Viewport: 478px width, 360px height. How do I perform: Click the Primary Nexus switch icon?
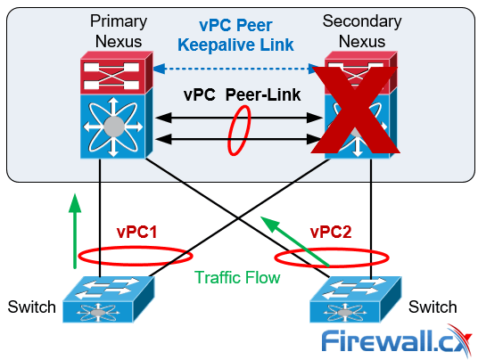(x=117, y=105)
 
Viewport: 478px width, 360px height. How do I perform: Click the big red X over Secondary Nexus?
(x=356, y=110)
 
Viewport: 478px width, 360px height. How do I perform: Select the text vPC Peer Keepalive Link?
(x=235, y=35)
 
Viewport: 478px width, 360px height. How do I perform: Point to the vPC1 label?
(x=136, y=232)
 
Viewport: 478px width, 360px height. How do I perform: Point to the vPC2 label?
(x=331, y=232)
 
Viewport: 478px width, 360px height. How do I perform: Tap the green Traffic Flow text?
(x=237, y=277)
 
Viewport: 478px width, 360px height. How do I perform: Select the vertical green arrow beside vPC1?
(x=75, y=232)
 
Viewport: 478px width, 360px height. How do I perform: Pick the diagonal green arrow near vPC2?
(x=294, y=241)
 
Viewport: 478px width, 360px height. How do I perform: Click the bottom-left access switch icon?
(x=109, y=299)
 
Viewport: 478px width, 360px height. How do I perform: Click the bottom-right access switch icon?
(x=356, y=299)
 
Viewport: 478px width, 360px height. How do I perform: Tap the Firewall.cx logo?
(x=397, y=341)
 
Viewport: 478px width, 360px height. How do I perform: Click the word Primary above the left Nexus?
(x=119, y=21)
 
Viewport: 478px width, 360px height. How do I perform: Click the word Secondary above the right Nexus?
(x=362, y=21)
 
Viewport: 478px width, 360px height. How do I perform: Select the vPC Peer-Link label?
(x=242, y=94)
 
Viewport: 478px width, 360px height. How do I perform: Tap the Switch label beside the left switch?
(x=32, y=307)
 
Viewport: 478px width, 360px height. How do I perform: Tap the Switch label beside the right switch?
(x=433, y=307)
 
